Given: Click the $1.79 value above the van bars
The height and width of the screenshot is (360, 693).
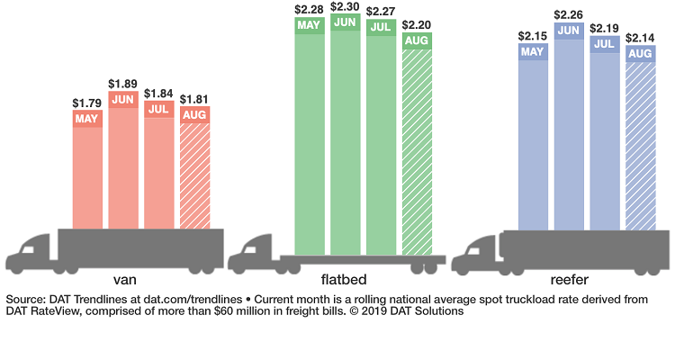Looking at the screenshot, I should pos(87,103).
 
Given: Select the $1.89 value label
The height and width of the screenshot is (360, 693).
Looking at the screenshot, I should pos(123,85).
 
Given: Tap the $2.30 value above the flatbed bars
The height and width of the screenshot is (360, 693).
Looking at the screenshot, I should pos(345,8).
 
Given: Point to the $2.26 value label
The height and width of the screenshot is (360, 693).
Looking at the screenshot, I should pos(568,14).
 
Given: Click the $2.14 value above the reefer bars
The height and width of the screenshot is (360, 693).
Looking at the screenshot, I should pos(640,38).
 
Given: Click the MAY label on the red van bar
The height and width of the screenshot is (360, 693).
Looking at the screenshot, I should pos(87,119).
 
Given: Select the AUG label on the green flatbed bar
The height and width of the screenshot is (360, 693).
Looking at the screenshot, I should pos(417,40).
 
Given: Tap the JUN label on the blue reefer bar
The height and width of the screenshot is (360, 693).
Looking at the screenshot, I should pos(568,30).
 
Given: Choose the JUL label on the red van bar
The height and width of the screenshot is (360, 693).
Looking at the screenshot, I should pos(159,109).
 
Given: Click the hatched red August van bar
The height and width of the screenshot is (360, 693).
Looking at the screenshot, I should pos(195,175).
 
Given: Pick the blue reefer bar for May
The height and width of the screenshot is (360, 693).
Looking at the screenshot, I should pos(533,144).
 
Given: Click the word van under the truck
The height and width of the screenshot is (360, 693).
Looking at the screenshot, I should pos(126,280).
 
